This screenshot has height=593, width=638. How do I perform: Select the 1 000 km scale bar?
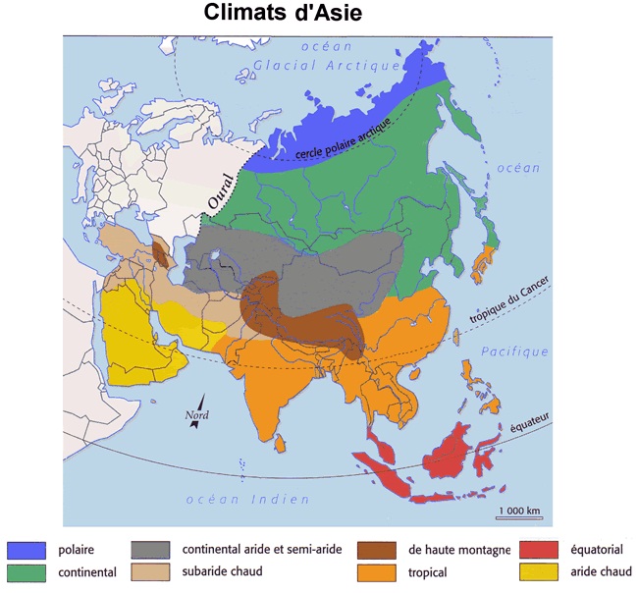(519, 516)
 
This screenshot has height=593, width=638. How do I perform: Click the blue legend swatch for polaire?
(27, 550)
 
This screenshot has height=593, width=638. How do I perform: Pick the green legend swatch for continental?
(27, 571)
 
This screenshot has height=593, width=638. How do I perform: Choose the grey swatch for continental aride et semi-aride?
(152, 550)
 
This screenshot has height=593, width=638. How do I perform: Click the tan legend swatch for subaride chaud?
(152, 570)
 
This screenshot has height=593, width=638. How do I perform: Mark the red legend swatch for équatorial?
(539, 550)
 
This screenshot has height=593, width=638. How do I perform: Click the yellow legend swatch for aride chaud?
(539, 571)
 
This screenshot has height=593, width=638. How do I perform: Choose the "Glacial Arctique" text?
(327, 65)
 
